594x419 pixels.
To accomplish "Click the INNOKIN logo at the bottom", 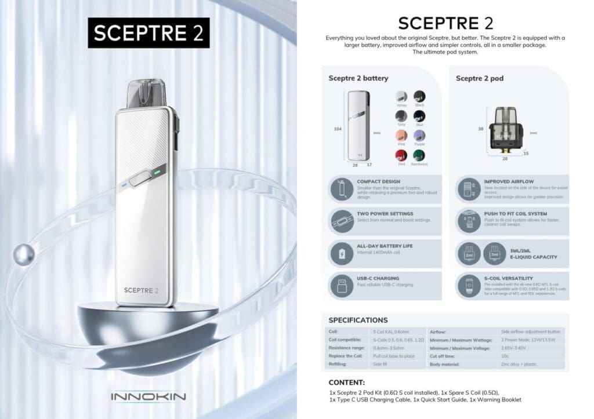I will click(x=147, y=397).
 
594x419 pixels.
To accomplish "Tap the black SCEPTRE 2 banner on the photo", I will click(x=148, y=32).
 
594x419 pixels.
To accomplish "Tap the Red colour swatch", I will click(x=401, y=155).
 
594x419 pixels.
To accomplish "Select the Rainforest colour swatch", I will click(x=419, y=155).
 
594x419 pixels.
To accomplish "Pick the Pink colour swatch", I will click(x=401, y=135).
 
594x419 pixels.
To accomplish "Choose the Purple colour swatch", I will click(x=419, y=135).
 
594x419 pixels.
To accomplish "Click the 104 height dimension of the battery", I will click(x=338, y=129).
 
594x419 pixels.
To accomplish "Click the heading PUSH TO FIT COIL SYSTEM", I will click(x=515, y=214).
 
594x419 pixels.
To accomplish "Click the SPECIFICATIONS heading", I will click(x=358, y=320).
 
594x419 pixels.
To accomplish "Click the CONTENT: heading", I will click(x=346, y=382).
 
